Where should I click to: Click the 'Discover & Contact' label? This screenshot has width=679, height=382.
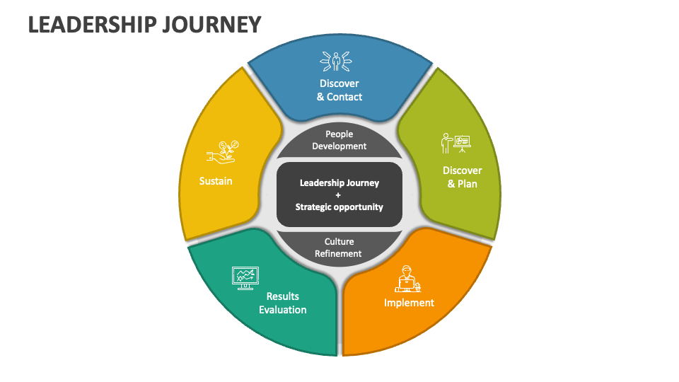point(339,90)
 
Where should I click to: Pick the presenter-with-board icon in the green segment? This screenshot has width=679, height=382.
point(455,143)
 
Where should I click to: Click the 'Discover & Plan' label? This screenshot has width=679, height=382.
point(462,177)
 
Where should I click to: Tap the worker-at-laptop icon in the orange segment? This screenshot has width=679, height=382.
point(408,279)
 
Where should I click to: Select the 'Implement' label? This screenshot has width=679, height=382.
point(409,303)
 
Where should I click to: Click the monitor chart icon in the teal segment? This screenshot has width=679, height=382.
point(245,277)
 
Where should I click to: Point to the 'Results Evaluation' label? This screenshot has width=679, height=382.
point(283,303)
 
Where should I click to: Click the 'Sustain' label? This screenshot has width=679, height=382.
point(216,181)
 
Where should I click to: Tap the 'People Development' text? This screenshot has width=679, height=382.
point(339,140)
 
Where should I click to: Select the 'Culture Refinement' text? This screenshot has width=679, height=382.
point(339,248)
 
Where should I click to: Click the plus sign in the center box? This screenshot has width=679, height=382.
point(339,195)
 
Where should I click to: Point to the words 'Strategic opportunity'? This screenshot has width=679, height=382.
point(339,207)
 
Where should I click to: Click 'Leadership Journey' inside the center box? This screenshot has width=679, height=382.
point(339,183)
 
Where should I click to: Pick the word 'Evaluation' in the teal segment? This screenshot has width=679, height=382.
point(283,310)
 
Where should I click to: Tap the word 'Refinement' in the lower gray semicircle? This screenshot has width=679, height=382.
point(339,254)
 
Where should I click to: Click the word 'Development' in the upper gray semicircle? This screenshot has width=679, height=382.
point(339,146)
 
